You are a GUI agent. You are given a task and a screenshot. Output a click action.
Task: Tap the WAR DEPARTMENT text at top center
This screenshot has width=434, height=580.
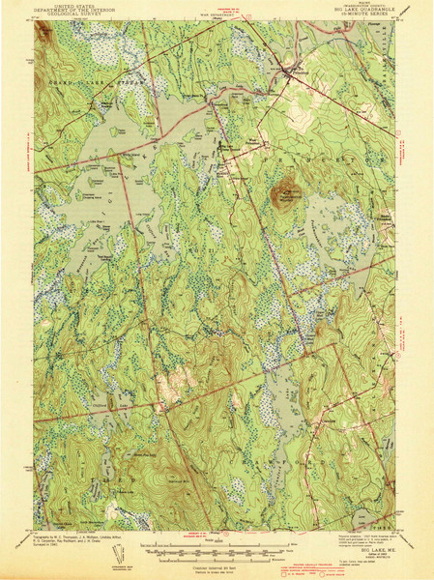[217, 14]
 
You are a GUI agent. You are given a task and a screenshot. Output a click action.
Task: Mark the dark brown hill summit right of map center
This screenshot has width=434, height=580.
[284, 194]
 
